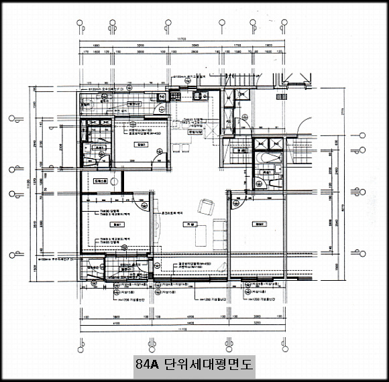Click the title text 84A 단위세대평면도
click(x=194, y=365)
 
